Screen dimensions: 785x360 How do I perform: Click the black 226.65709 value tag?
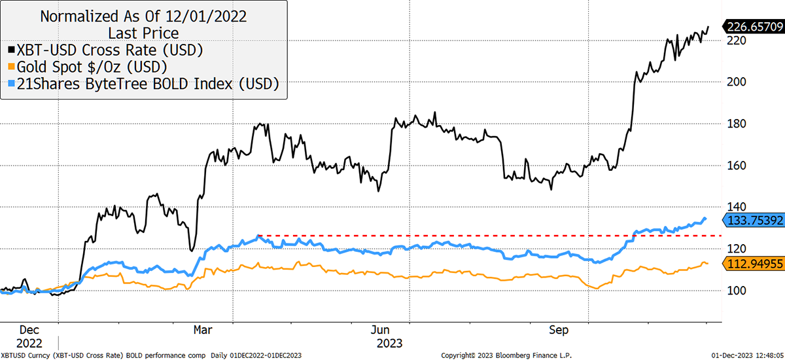coord(754,27)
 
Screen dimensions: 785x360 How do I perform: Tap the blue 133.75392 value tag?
coord(754,221)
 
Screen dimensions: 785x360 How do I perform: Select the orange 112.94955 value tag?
coord(754,264)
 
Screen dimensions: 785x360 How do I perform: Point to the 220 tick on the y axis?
coord(737,41)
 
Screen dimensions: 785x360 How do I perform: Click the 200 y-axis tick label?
coord(737,82)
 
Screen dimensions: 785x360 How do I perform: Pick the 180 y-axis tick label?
coord(737,124)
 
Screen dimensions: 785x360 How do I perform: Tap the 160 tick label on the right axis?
coord(737,166)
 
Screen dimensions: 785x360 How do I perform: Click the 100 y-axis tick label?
coord(737,291)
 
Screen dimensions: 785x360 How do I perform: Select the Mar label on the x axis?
coord(203,330)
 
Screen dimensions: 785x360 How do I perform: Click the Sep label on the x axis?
coord(559,330)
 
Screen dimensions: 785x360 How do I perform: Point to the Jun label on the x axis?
coord(380,330)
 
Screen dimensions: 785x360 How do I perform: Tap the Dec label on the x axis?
coord(29,330)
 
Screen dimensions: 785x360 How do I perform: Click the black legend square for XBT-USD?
coord(12,50)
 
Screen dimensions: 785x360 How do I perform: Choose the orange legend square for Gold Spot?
coord(12,67)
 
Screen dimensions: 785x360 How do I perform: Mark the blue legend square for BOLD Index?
coord(12,83)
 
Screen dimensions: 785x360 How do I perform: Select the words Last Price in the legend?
coord(143,33)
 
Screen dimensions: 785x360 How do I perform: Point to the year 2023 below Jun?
coord(389,343)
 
